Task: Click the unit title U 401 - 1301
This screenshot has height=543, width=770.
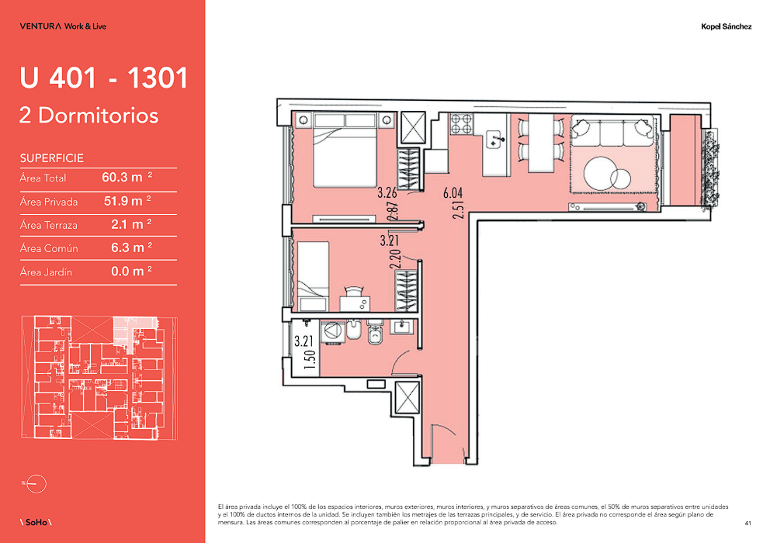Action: click(x=103, y=78)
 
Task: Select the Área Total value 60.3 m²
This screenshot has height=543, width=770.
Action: click(x=127, y=177)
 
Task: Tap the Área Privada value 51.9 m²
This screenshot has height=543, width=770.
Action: click(x=127, y=200)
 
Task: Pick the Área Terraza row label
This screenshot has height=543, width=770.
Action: click(x=49, y=225)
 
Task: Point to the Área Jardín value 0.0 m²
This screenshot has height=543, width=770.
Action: click(x=131, y=271)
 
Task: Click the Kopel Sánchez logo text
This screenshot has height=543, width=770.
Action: click(x=726, y=26)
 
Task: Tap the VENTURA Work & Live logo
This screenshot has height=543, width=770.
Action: click(x=63, y=26)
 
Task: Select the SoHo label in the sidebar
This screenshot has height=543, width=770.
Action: click(x=36, y=522)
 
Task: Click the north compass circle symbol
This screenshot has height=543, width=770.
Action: click(x=36, y=483)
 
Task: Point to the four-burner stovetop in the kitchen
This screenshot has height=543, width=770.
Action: click(x=462, y=123)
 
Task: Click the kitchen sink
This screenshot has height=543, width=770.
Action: click(x=495, y=140)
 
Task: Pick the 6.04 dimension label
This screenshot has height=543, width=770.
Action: click(x=453, y=193)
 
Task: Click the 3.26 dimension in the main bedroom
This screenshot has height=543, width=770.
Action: click(x=387, y=192)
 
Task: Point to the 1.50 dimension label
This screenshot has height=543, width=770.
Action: click(x=310, y=360)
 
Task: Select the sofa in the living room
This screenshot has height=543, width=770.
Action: click(x=612, y=130)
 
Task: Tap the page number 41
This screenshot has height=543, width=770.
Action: click(x=748, y=523)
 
